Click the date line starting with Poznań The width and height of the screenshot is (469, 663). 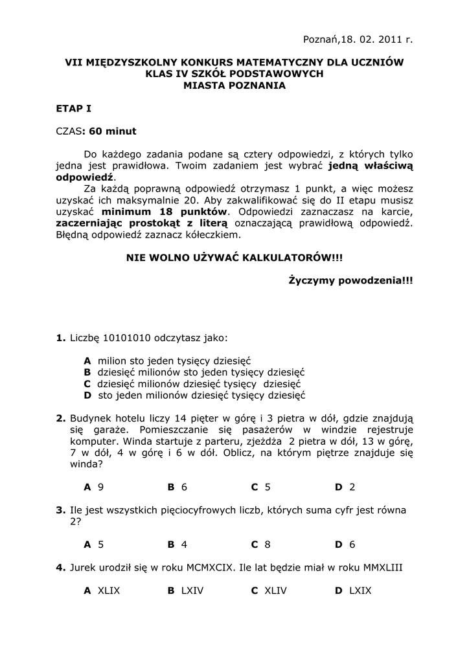pos(358,40)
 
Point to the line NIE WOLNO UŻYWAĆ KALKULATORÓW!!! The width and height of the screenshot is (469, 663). pos(234,258)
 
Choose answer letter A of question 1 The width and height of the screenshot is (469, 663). pos(87,361)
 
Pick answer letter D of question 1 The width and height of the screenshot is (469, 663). pos(87,396)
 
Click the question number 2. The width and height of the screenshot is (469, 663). pos(61,418)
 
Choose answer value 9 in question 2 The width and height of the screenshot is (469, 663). pos(101,487)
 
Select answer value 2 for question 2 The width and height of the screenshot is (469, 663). pos(352,487)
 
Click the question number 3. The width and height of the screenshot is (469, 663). pos(61,510)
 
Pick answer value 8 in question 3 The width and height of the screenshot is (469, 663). pos(267,545)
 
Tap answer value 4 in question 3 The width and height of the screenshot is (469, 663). pos(184,545)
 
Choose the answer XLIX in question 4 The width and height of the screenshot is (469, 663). pos(109,590)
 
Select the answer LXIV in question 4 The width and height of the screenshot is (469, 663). pos(192,590)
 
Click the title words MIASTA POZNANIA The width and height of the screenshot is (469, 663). pos(234,85)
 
